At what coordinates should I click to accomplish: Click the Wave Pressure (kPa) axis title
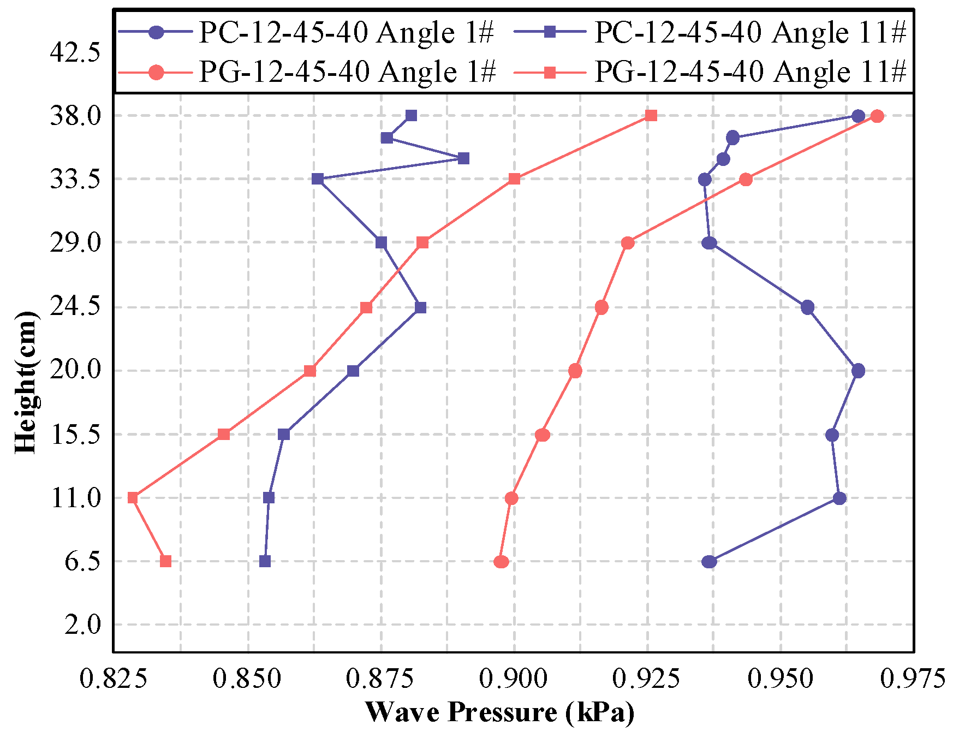pos(500,712)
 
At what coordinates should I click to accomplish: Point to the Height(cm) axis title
pos(26,382)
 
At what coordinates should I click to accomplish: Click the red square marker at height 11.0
pos(133,498)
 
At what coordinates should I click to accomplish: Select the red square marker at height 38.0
pos(651,116)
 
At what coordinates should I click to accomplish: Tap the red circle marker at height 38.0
pos(877,116)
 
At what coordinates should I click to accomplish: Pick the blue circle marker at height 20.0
pos(858,371)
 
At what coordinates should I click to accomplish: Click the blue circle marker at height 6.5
pos(709,562)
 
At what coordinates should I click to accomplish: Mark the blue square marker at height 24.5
pos(420,308)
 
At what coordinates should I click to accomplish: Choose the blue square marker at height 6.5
pos(265,561)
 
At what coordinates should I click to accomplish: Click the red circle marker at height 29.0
pos(628,243)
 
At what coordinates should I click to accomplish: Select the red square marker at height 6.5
pos(166,561)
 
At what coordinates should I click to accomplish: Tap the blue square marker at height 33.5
pos(318,179)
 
